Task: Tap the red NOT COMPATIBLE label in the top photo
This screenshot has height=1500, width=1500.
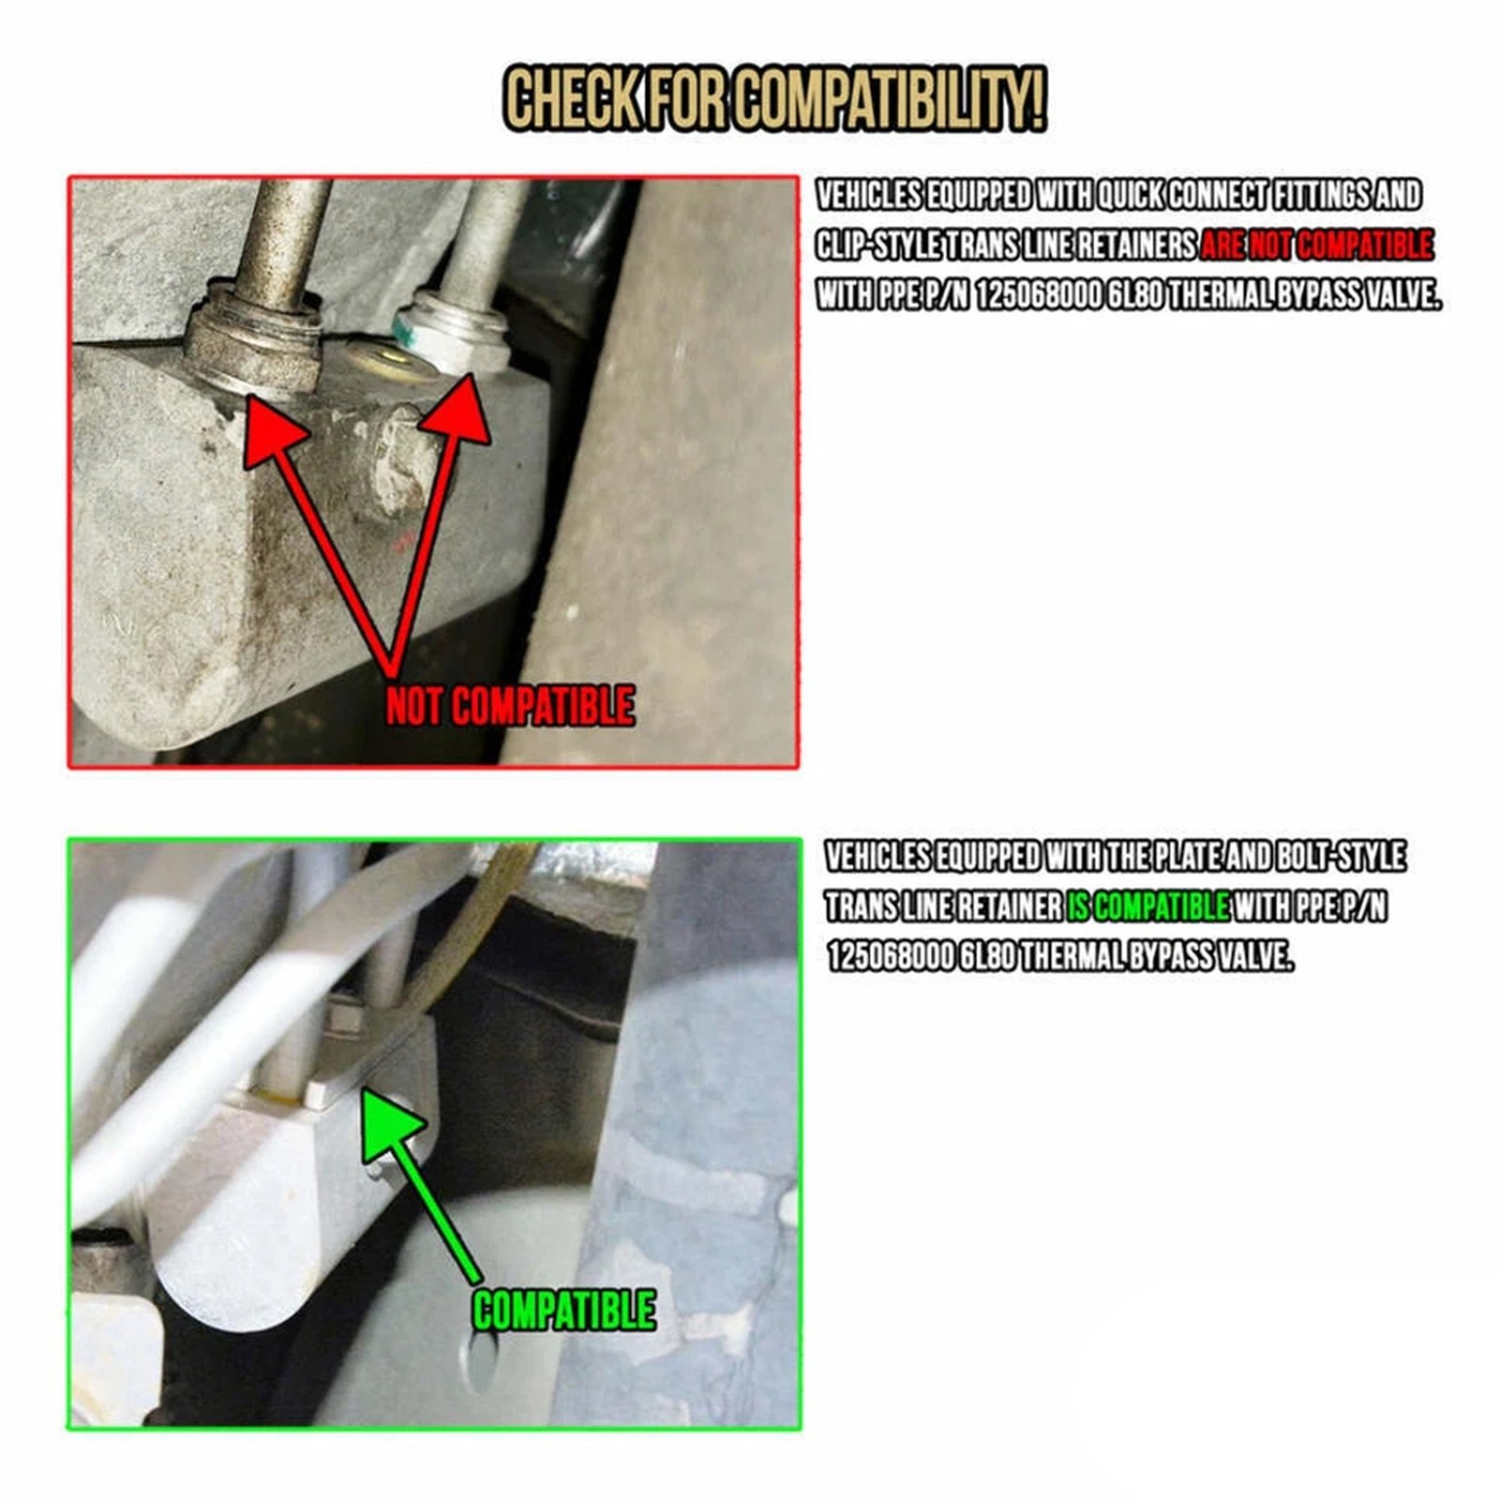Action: click(x=510, y=706)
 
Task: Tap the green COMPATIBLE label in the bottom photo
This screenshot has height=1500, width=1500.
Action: click(x=563, y=1310)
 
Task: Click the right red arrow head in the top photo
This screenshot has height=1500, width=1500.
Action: click(x=457, y=412)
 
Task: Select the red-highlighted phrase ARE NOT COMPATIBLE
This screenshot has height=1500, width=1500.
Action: click(x=1316, y=246)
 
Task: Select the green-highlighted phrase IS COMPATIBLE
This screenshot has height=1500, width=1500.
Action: click(x=1147, y=907)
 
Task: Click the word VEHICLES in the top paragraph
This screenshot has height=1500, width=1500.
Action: click(x=868, y=195)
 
